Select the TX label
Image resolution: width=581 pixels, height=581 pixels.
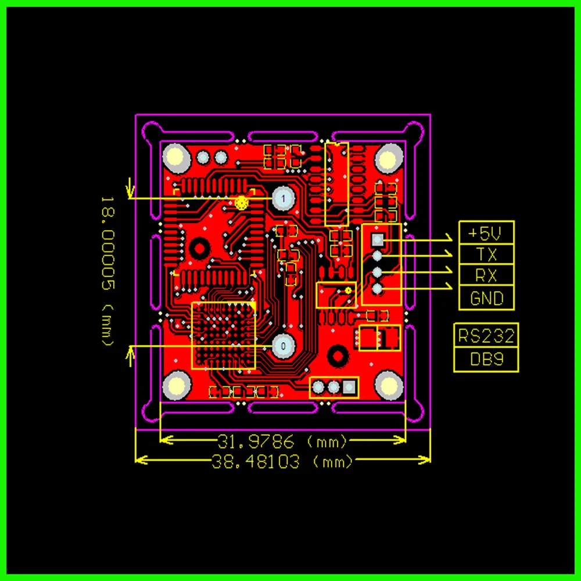486,254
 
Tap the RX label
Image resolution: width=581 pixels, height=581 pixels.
486,275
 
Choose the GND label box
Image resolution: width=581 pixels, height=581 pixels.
486,298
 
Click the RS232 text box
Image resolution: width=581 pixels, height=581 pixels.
486,336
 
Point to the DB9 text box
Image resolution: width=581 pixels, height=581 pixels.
486,360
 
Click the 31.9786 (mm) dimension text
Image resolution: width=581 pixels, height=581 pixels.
282,441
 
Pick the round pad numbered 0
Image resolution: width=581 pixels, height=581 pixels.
283,346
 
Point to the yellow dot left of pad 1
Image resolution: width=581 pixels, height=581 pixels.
242,202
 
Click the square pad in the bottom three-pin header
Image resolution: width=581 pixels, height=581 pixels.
349,386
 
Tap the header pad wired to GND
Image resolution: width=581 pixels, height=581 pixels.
378,288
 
